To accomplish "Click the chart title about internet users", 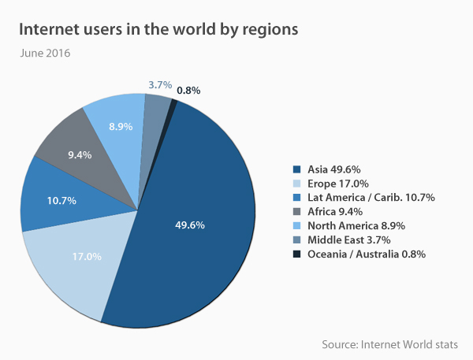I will (x=158, y=30).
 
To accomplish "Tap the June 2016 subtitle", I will (x=46, y=54).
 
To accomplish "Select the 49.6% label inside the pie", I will (x=190, y=225).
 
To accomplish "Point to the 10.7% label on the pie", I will (x=61, y=200).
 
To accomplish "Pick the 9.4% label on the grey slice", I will (x=80, y=155).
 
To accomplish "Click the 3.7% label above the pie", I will (x=160, y=84).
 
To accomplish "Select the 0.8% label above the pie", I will (x=188, y=90).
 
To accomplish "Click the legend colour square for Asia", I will (x=297, y=169).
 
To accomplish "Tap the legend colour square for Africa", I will (x=297, y=211).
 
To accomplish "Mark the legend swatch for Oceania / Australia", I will (x=297, y=254).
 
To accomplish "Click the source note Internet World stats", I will (x=389, y=344).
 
